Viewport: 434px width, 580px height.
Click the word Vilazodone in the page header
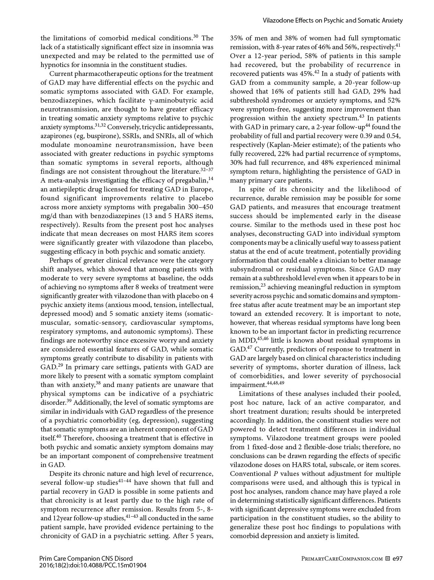pos(278,21)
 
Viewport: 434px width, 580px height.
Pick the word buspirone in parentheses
pos(90,136)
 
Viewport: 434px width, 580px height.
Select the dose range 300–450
pos(200,207)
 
